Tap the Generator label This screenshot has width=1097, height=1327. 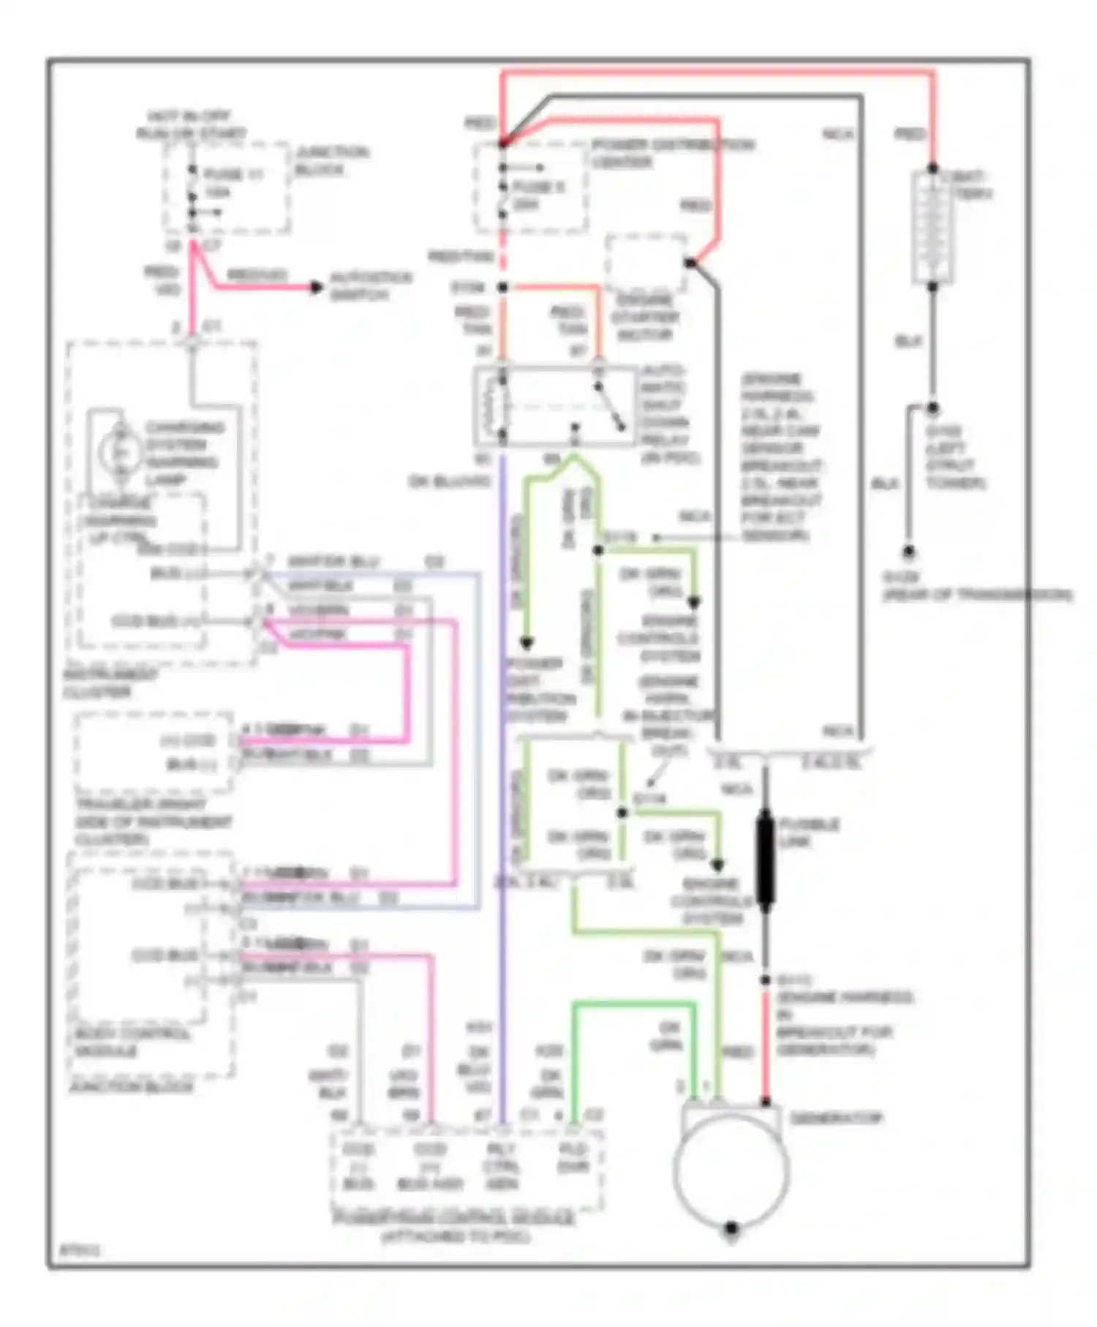tap(836, 1119)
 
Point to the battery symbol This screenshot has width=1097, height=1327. tap(932, 227)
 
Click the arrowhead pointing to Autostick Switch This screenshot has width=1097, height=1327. tap(315, 287)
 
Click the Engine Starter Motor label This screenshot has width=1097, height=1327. tap(644, 317)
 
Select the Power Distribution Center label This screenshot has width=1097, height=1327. tap(671, 153)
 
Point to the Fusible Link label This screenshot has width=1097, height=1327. tap(809, 832)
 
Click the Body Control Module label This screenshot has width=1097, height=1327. tap(132, 1042)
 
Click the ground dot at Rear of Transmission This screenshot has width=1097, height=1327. tap(908, 551)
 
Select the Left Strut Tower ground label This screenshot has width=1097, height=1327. tap(956, 457)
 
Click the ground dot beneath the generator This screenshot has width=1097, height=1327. tap(731, 1229)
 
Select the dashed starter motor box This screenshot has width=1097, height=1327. tap(646, 262)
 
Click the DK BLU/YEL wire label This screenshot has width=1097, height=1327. tap(450, 482)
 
